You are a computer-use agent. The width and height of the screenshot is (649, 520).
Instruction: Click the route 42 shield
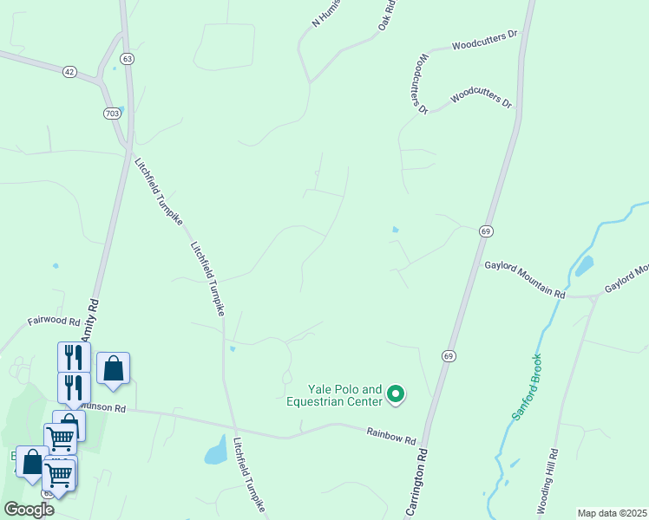pyautogui.click(x=69, y=71)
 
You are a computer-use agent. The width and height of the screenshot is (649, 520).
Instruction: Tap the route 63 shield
pyautogui.click(x=128, y=59)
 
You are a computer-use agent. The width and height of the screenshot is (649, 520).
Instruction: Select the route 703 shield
pyautogui.click(x=112, y=114)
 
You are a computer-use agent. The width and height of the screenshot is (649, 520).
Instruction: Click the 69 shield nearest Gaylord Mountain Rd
pyautogui.click(x=486, y=231)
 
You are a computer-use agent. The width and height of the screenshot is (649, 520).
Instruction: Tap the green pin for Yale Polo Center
pyautogui.click(x=396, y=395)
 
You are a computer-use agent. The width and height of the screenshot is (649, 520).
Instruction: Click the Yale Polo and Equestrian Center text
pyautogui.click(x=334, y=395)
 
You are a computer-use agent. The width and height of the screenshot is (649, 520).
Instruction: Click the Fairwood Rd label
pyautogui.click(x=54, y=321)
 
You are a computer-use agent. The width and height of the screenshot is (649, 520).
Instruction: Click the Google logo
pyautogui.click(x=29, y=509)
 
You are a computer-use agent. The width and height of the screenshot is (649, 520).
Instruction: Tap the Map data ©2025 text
pyautogui.click(x=612, y=513)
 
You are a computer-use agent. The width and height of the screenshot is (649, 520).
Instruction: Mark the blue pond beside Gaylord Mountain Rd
pyautogui.click(x=583, y=263)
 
